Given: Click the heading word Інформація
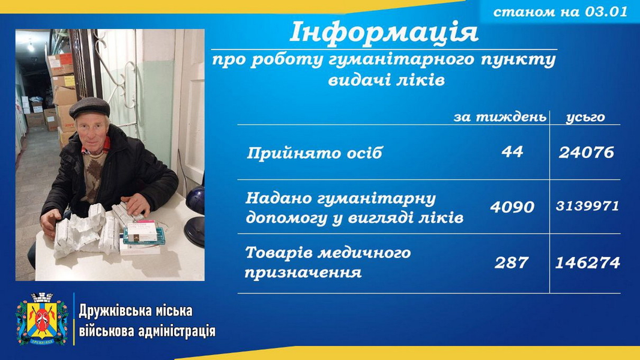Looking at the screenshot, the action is (x=384, y=32).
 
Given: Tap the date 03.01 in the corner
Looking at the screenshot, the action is (x=606, y=11).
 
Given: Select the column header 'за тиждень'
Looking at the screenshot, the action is (x=500, y=118).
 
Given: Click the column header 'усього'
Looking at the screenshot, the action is (x=585, y=118).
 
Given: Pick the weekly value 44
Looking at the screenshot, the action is (x=512, y=152).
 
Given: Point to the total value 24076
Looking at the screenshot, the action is (x=586, y=152).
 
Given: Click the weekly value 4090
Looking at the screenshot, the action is (x=512, y=207).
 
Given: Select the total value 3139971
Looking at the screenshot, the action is (x=587, y=206).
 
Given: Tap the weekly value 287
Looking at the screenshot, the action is (x=512, y=263).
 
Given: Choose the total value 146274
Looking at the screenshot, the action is (x=588, y=263).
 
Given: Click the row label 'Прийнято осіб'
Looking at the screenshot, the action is (x=315, y=153).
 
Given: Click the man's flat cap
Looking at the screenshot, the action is (x=89, y=107).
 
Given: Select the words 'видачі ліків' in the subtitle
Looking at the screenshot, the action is (x=386, y=80).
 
